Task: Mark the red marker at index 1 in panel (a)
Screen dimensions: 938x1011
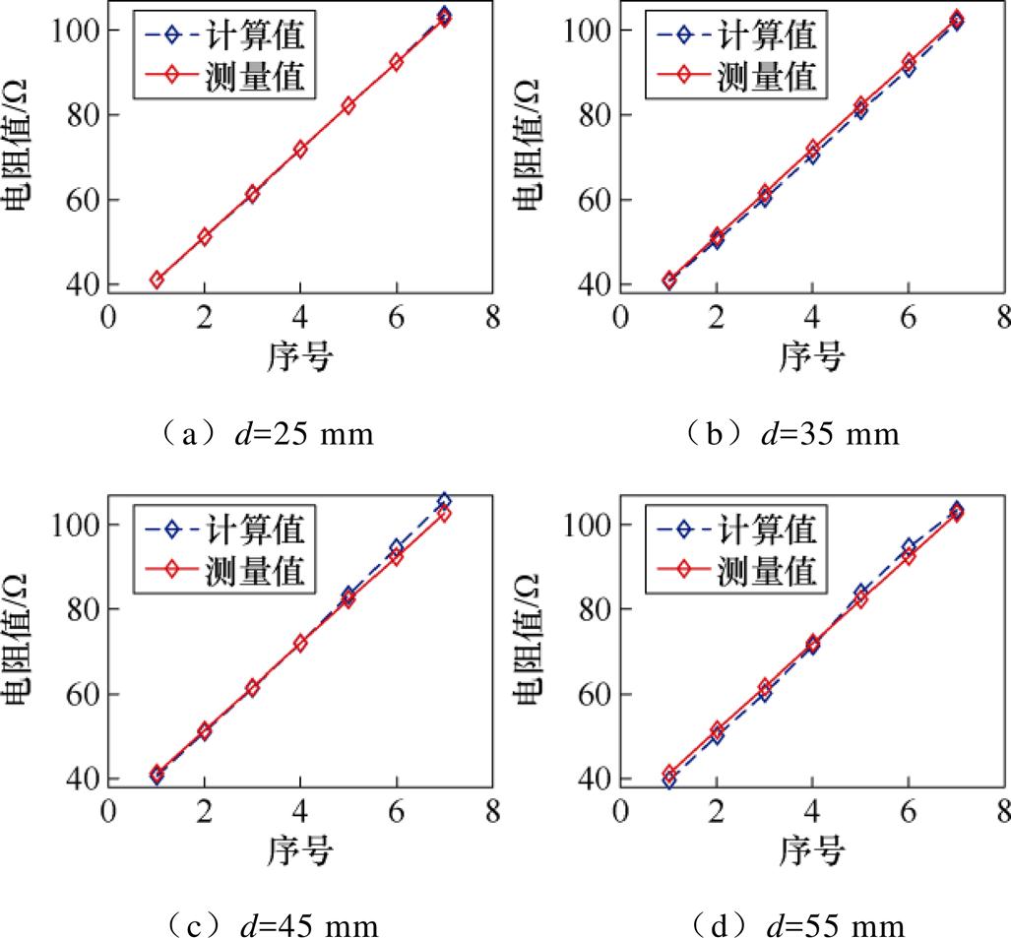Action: [157, 280]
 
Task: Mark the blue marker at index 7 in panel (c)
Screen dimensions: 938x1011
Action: [444, 502]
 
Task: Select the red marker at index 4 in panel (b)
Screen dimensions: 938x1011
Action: [812, 149]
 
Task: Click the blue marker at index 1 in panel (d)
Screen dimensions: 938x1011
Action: [669, 781]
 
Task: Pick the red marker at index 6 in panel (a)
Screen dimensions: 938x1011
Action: [396, 62]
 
